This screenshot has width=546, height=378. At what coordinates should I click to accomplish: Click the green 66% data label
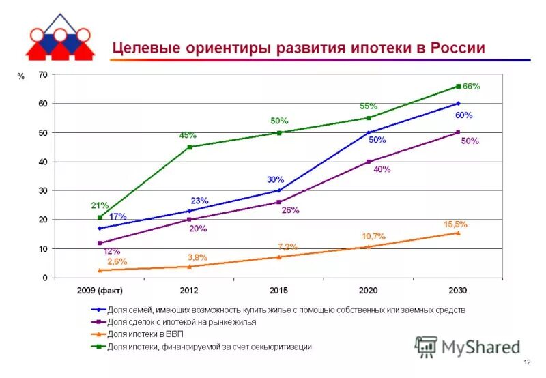pos(472,87)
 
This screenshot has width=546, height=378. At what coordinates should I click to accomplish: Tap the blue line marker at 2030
pos(458,104)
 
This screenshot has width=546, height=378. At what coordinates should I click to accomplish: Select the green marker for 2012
pos(189,147)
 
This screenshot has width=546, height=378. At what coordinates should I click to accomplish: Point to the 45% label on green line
pos(188,135)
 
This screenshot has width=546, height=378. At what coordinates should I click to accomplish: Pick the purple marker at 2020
pos(369,162)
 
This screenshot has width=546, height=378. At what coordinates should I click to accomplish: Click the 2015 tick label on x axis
pos(278,291)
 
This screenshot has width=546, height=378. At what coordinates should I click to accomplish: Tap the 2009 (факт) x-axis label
pos(100,291)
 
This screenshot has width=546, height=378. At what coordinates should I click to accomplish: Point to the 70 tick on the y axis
pos(44,75)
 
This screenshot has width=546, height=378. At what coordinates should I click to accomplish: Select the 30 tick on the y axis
pos(44,190)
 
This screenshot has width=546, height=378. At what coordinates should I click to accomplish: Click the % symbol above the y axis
pos(20,77)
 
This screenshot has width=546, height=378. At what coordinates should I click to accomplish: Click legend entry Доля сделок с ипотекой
pos(182,322)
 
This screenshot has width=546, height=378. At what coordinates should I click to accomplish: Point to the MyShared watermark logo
pos(468,347)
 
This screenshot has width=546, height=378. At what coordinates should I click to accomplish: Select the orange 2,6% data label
pos(118,261)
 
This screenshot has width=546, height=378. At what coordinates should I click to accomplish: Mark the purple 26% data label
pos(290,210)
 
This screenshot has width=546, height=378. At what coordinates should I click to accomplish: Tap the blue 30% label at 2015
pos(275,180)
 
